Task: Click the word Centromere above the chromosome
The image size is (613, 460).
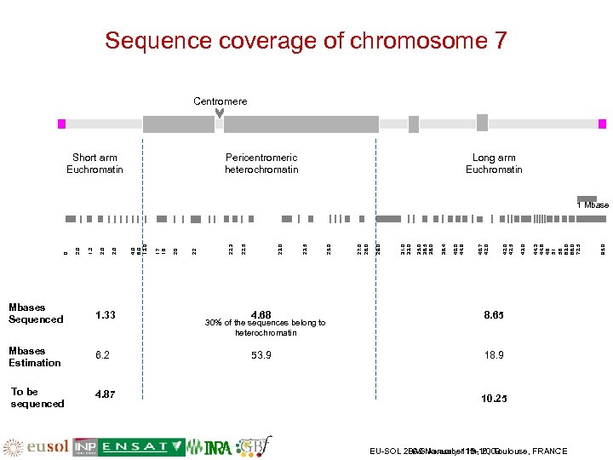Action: tap(220, 101)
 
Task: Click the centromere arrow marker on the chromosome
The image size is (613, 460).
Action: tap(219, 115)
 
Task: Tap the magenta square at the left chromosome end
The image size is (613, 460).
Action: tap(61, 124)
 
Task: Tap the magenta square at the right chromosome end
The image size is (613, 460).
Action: tap(602, 124)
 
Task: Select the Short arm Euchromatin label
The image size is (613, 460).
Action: tap(95, 164)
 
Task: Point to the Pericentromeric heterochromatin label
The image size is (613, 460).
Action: tap(261, 164)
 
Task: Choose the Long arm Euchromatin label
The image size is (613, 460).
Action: tap(494, 164)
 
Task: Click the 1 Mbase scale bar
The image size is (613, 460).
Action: tap(587, 198)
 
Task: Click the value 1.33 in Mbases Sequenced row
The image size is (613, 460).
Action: tap(106, 315)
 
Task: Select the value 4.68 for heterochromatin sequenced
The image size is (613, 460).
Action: tap(261, 315)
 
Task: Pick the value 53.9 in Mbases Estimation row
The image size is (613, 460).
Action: tap(261, 354)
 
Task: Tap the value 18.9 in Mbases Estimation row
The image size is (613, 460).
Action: tap(494, 354)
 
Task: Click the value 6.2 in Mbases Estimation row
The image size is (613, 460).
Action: tap(102, 354)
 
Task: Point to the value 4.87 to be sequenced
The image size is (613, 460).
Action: tap(106, 394)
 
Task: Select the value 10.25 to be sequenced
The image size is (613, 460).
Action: tap(494, 398)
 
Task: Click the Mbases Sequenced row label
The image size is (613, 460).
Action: tap(35, 313)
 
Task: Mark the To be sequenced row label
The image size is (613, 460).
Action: tap(37, 398)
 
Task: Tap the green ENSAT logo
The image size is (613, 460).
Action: tap(142, 446)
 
